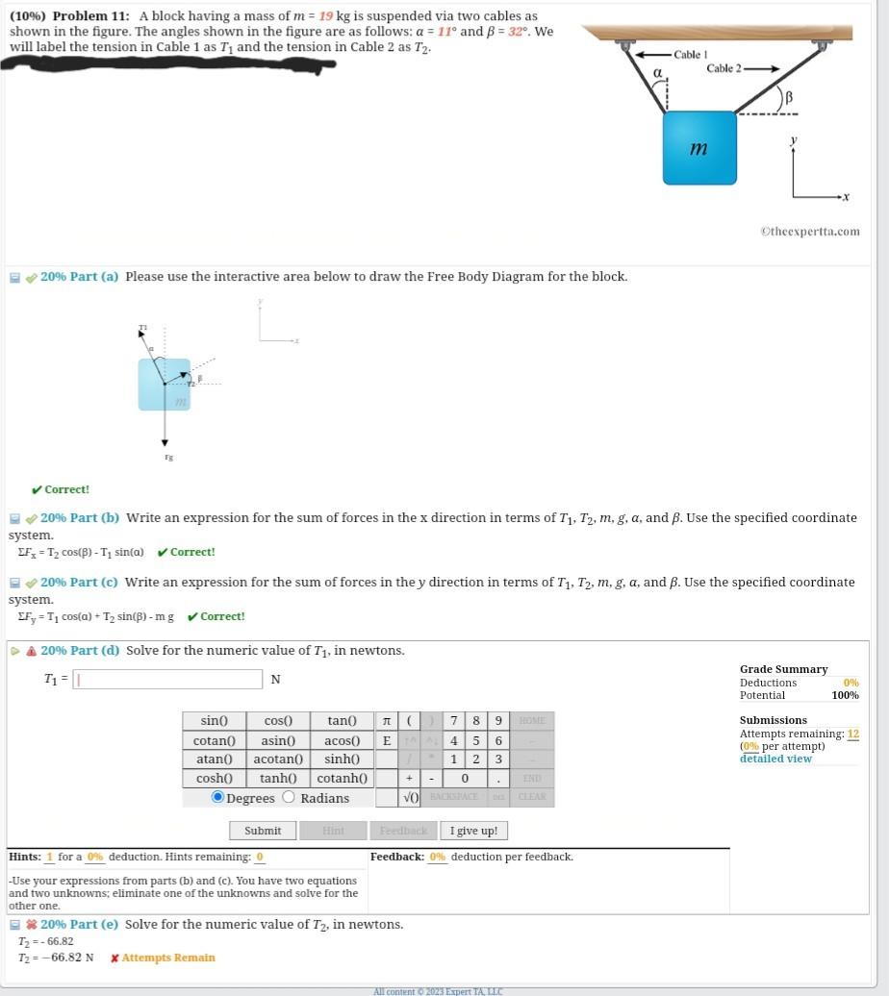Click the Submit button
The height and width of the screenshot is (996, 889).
coord(263,831)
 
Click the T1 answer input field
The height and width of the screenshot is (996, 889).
coord(168,680)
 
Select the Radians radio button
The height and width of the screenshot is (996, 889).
coord(289,798)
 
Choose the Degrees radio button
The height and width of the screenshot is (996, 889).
coord(217,798)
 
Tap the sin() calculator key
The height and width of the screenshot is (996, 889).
coord(214,721)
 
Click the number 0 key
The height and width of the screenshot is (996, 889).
coord(465,779)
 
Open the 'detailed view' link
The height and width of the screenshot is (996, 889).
coord(775,759)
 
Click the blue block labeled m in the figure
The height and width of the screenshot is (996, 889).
coord(699,148)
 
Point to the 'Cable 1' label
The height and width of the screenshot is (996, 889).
coord(690,55)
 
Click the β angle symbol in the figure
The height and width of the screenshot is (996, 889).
coord(788,97)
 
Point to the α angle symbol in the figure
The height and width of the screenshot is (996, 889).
coord(658,73)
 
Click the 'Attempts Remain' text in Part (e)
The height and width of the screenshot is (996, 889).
coord(168,958)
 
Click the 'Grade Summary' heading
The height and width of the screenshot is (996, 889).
coord(783,669)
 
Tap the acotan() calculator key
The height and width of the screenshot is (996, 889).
coord(278,759)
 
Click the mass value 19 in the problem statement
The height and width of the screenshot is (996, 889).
coord(326,16)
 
